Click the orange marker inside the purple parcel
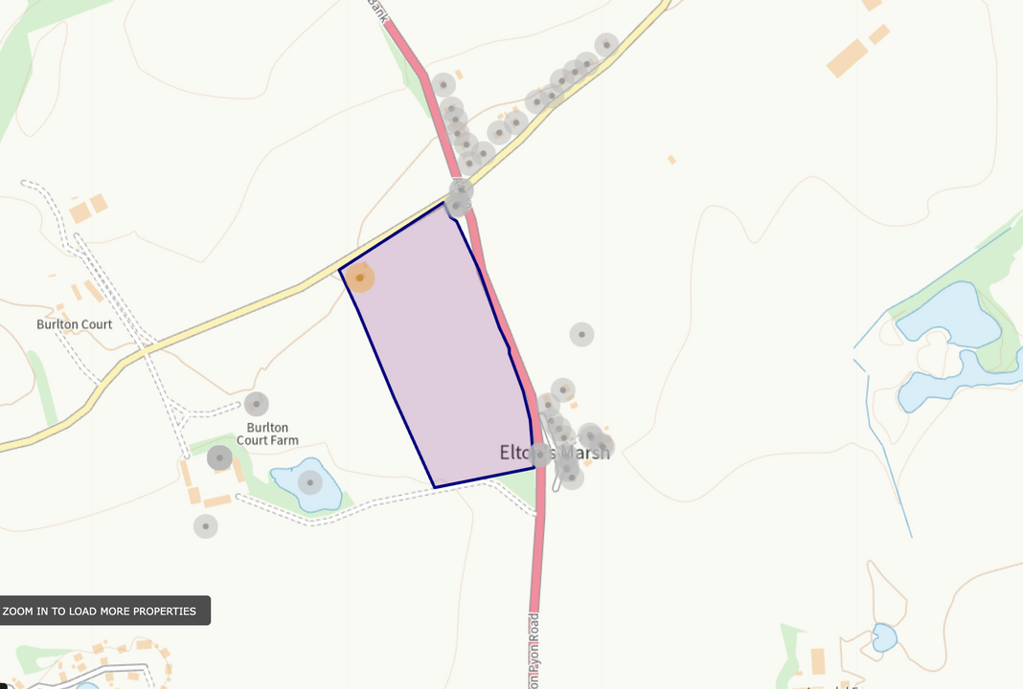coord(360,278)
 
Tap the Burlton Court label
coord(75,324)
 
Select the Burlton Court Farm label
coord(267,433)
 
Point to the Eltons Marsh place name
coord(555,452)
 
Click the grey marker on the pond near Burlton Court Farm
coord(310,482)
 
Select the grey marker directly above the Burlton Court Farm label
coord(256,404)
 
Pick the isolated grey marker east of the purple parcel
coord(581,334)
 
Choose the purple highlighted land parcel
coord(436,354)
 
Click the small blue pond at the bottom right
coord(884,636)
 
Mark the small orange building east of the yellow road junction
coord(671,159)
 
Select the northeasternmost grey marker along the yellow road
coord(606,44)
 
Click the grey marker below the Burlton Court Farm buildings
coord(205,525)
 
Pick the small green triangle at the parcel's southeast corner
coord(518,490)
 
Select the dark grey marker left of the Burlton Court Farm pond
coord(220,457)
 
